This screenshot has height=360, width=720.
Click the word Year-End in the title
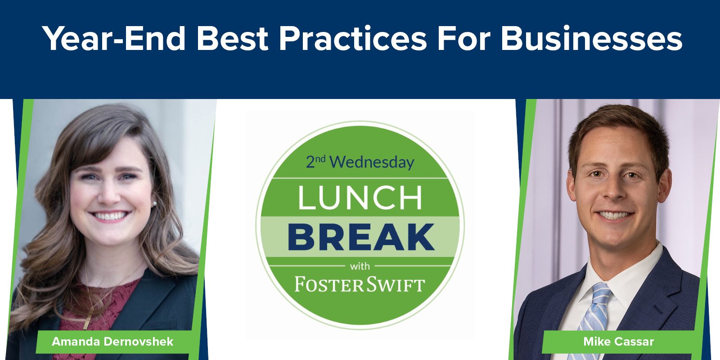[x=114, y=39]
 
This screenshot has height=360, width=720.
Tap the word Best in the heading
[x=232, y=39]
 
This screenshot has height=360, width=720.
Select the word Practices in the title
[x=353, y=39]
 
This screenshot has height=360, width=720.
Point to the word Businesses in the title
[x=592, y=39]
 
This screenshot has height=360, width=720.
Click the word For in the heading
[x=464, y=39]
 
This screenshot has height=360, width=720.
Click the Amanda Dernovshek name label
[x=112, y=342]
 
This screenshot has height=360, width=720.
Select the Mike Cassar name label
[x=618, y=342]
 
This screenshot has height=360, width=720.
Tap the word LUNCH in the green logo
[x=360, y=198]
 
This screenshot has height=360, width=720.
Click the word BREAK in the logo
[x=361, y=237]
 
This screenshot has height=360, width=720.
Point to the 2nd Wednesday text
[x=360, y=162]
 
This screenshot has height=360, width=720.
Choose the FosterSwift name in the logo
[x=360, y=285]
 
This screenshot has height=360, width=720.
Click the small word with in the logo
[x=360, y=266]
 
